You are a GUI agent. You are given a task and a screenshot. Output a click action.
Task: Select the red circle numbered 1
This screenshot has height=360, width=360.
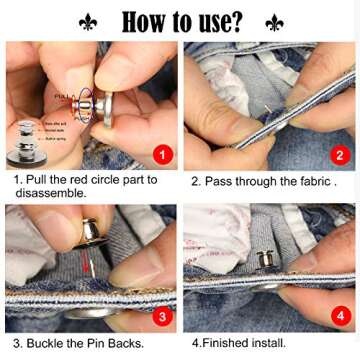(162, 154)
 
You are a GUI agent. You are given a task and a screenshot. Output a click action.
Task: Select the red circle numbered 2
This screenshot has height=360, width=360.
(339, 154)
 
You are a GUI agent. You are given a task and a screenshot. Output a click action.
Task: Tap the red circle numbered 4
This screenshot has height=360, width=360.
(339, 315)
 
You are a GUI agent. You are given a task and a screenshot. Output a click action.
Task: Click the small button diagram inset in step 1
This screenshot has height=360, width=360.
(27, 140)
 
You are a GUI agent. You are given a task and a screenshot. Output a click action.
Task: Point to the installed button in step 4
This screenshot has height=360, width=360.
(266, 262)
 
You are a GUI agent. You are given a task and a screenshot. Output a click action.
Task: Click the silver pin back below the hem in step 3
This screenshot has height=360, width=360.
(85, 313)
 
